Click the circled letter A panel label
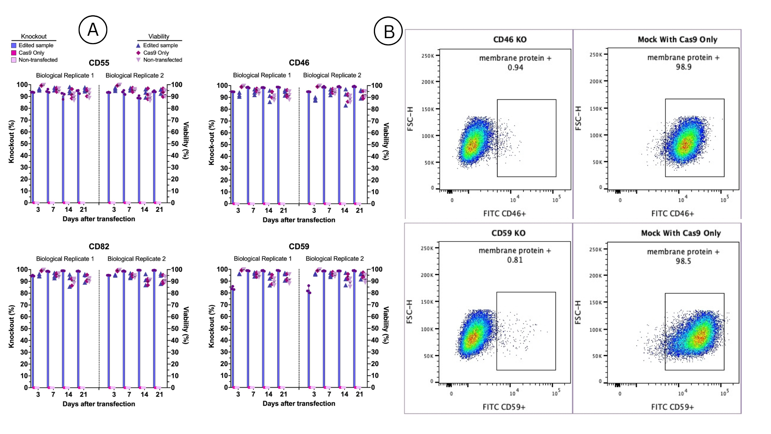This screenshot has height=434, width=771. click(93, 30)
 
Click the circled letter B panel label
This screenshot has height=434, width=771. click(388, 31)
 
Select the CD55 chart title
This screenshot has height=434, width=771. click(99, 63)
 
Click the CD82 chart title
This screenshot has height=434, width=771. click(99, 246)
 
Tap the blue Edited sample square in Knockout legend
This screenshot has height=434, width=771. click(14, 45)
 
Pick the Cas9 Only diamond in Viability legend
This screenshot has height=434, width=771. click(139, 53)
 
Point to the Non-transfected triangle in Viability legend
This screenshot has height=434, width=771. click(139, 60)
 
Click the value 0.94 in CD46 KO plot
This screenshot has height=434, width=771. click(515, 68)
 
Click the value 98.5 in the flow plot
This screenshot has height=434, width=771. click(683, 261)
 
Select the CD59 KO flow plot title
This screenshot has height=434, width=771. click(508, 233)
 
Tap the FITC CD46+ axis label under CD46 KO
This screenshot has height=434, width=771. click(504, 213)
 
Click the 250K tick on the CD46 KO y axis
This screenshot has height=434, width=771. click(428, 56)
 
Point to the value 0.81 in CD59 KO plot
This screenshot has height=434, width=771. click(515, 260)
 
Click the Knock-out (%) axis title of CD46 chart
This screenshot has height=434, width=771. click(212, 143)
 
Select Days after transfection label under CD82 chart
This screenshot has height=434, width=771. click(99, 404)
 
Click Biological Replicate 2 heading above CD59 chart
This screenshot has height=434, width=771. click(335, 258)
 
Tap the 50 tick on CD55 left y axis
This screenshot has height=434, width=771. click(24, 143)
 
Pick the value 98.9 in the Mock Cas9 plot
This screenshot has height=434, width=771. click(683, 67)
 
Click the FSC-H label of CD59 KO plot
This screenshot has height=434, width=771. click(409, 312)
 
